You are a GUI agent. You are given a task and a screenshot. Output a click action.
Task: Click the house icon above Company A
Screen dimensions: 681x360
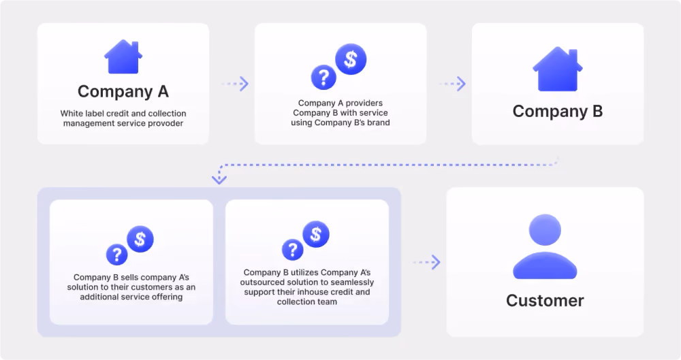[x=123, y=57]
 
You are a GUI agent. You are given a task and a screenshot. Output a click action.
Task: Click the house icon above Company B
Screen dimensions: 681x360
[x=558, y=69]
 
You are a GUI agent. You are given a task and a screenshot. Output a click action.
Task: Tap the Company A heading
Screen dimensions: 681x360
[x=123, y=92]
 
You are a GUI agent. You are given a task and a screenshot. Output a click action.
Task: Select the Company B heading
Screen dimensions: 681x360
[x=558, y=111]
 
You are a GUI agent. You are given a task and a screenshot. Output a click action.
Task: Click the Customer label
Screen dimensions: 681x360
[x=545, y=301]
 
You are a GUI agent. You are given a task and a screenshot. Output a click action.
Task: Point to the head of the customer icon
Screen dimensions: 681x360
[x=545, y=230]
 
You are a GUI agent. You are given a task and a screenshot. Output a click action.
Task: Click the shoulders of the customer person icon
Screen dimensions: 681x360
[x=545, y=265]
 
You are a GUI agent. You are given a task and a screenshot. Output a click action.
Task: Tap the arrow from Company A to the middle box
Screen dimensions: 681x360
[x=235, y=84]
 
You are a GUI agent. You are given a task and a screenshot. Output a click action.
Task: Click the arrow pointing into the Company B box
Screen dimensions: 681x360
[x=452, y=84]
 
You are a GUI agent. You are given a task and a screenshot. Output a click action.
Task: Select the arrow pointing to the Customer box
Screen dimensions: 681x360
[x=426, y=262]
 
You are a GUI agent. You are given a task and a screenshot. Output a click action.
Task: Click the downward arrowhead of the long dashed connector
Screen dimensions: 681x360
[x=219, y=179]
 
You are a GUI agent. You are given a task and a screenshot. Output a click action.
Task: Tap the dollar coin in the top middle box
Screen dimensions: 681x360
[x=351, y=59]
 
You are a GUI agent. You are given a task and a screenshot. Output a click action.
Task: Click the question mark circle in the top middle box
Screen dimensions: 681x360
[x=323, y=78]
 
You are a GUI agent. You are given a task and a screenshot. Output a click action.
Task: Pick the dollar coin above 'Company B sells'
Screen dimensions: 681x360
[x=140, y=240]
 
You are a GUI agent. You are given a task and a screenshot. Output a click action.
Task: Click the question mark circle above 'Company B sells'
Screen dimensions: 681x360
[x=117, y=255]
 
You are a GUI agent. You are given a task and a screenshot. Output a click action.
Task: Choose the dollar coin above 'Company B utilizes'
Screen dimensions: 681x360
[x=316, y=235]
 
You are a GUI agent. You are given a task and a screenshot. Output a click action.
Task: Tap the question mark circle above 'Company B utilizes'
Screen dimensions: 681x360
[x=293, y=250]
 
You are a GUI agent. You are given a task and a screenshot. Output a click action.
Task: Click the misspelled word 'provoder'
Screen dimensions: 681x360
[x=167, y=123]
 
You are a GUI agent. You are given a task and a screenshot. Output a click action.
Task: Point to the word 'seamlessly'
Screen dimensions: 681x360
[x=352, y=282]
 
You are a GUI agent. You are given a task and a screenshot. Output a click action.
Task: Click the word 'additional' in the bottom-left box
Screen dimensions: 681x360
[x=100, y=297]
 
